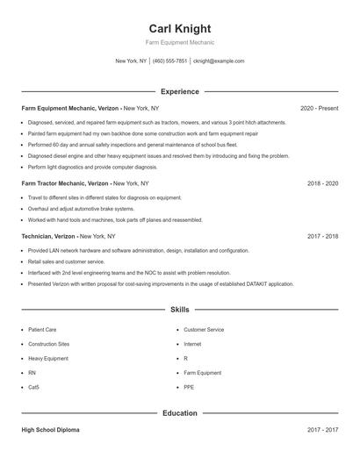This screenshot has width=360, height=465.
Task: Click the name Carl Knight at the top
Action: click(179, 28)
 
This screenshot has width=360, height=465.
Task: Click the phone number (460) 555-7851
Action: click(170, 61)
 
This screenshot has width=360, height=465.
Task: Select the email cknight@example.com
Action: click(219, 61)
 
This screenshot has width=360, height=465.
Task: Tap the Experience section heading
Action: click(179, 91)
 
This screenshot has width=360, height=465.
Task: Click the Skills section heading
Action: click(179, 310)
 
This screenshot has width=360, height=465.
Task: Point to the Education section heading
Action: click(179, 412)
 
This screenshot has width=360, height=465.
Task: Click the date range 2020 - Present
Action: click(319, 108)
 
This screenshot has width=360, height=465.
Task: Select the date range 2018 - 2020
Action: click(322, 183)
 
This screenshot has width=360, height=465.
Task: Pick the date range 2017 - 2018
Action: click(322, 236)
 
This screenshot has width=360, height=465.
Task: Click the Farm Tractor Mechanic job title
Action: click(65, 183)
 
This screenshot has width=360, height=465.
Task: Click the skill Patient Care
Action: click(42, 329)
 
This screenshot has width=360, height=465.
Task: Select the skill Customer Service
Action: click(204, 329)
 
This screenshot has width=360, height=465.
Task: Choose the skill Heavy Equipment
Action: click(47, 358)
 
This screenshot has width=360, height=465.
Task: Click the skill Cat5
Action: click(33, 387)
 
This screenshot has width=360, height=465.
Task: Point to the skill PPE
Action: click(189, 387)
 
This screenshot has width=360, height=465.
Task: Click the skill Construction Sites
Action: click(48, 344)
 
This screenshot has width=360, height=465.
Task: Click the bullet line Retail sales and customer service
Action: click(66, 261)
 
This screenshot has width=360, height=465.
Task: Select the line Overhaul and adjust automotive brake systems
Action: click(80, 209)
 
